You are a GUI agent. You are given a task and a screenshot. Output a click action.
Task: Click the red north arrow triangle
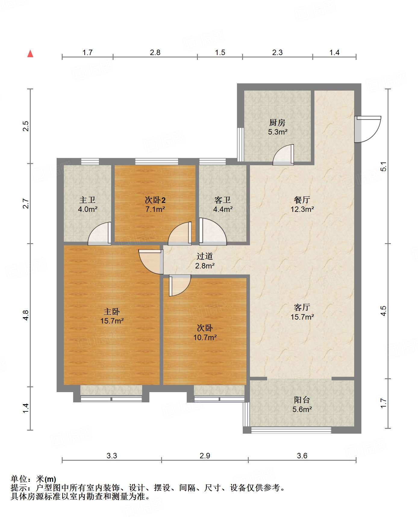click(x=30, y=54)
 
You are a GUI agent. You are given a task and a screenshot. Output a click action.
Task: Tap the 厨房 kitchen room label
click(x=277, y=122)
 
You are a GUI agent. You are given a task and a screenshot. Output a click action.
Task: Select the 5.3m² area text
click(x=278, y=132)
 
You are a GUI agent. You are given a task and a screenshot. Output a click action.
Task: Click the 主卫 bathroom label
click(x=87, y=200)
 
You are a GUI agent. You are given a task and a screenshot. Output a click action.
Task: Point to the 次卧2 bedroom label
click(x=155, y=200)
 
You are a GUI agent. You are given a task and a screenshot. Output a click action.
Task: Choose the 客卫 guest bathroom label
click(x=223, y=200)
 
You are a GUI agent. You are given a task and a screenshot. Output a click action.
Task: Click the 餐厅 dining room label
click(x=302, y=200)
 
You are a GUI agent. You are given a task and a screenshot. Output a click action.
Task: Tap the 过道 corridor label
click(x=205, y=256)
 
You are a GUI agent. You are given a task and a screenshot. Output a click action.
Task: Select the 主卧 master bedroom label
click(x=112, y=311)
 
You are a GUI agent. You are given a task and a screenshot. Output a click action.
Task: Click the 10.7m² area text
click(x=205, y=337)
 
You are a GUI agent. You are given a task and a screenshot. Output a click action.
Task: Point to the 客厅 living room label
click(x=302, y=307)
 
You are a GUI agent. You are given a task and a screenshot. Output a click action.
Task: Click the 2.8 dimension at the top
click(x=155, y=53)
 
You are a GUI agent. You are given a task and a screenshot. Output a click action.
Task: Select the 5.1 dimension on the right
click(x=383, y=166)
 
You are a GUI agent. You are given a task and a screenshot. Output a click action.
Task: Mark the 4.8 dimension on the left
click(x=26, y=315)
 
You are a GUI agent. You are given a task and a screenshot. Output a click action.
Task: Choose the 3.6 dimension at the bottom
click(x=302, y=456)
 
